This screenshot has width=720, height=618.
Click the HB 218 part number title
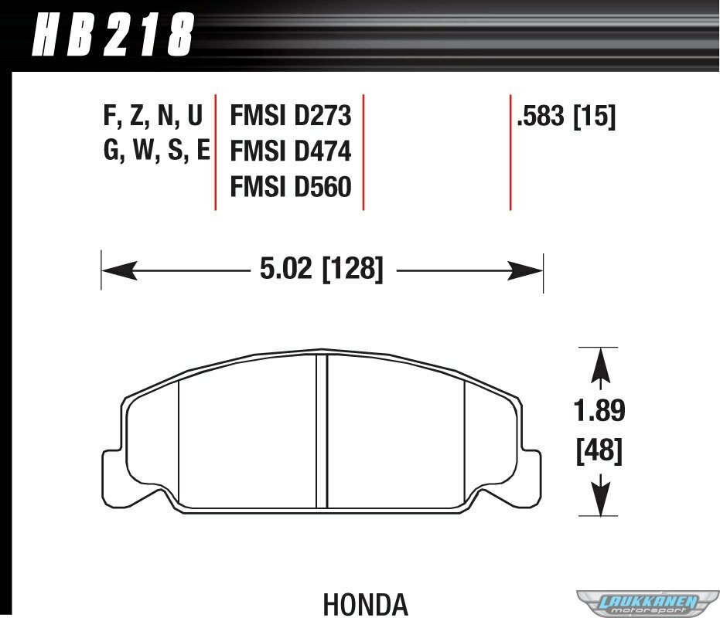click(x=113, y=35)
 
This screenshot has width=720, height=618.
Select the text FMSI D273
click(x=290, y=115)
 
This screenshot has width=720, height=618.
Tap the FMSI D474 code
click(x=290, y=151)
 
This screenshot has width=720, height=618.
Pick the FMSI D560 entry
click(x=290, y=187)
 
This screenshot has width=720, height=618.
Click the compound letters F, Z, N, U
click(x=153, y=116)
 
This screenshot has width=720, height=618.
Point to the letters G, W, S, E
click(x=156, y=151)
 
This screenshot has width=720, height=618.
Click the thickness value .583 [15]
click(x=566, y=116)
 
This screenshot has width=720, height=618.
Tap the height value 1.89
click(x=599, y=410)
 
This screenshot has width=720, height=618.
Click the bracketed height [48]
click(x=599, y=450)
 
